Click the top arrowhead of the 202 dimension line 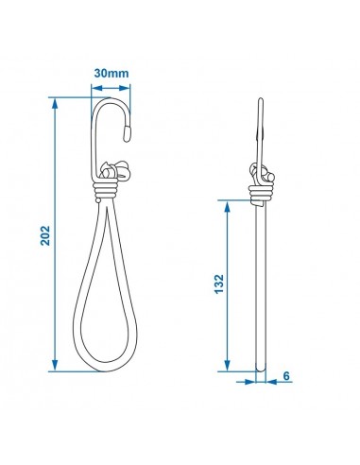(x=56, y=99)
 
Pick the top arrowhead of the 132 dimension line (x=227, y=202)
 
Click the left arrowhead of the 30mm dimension (x=93, y=86)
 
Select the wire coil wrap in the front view (x=109, y=190)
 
